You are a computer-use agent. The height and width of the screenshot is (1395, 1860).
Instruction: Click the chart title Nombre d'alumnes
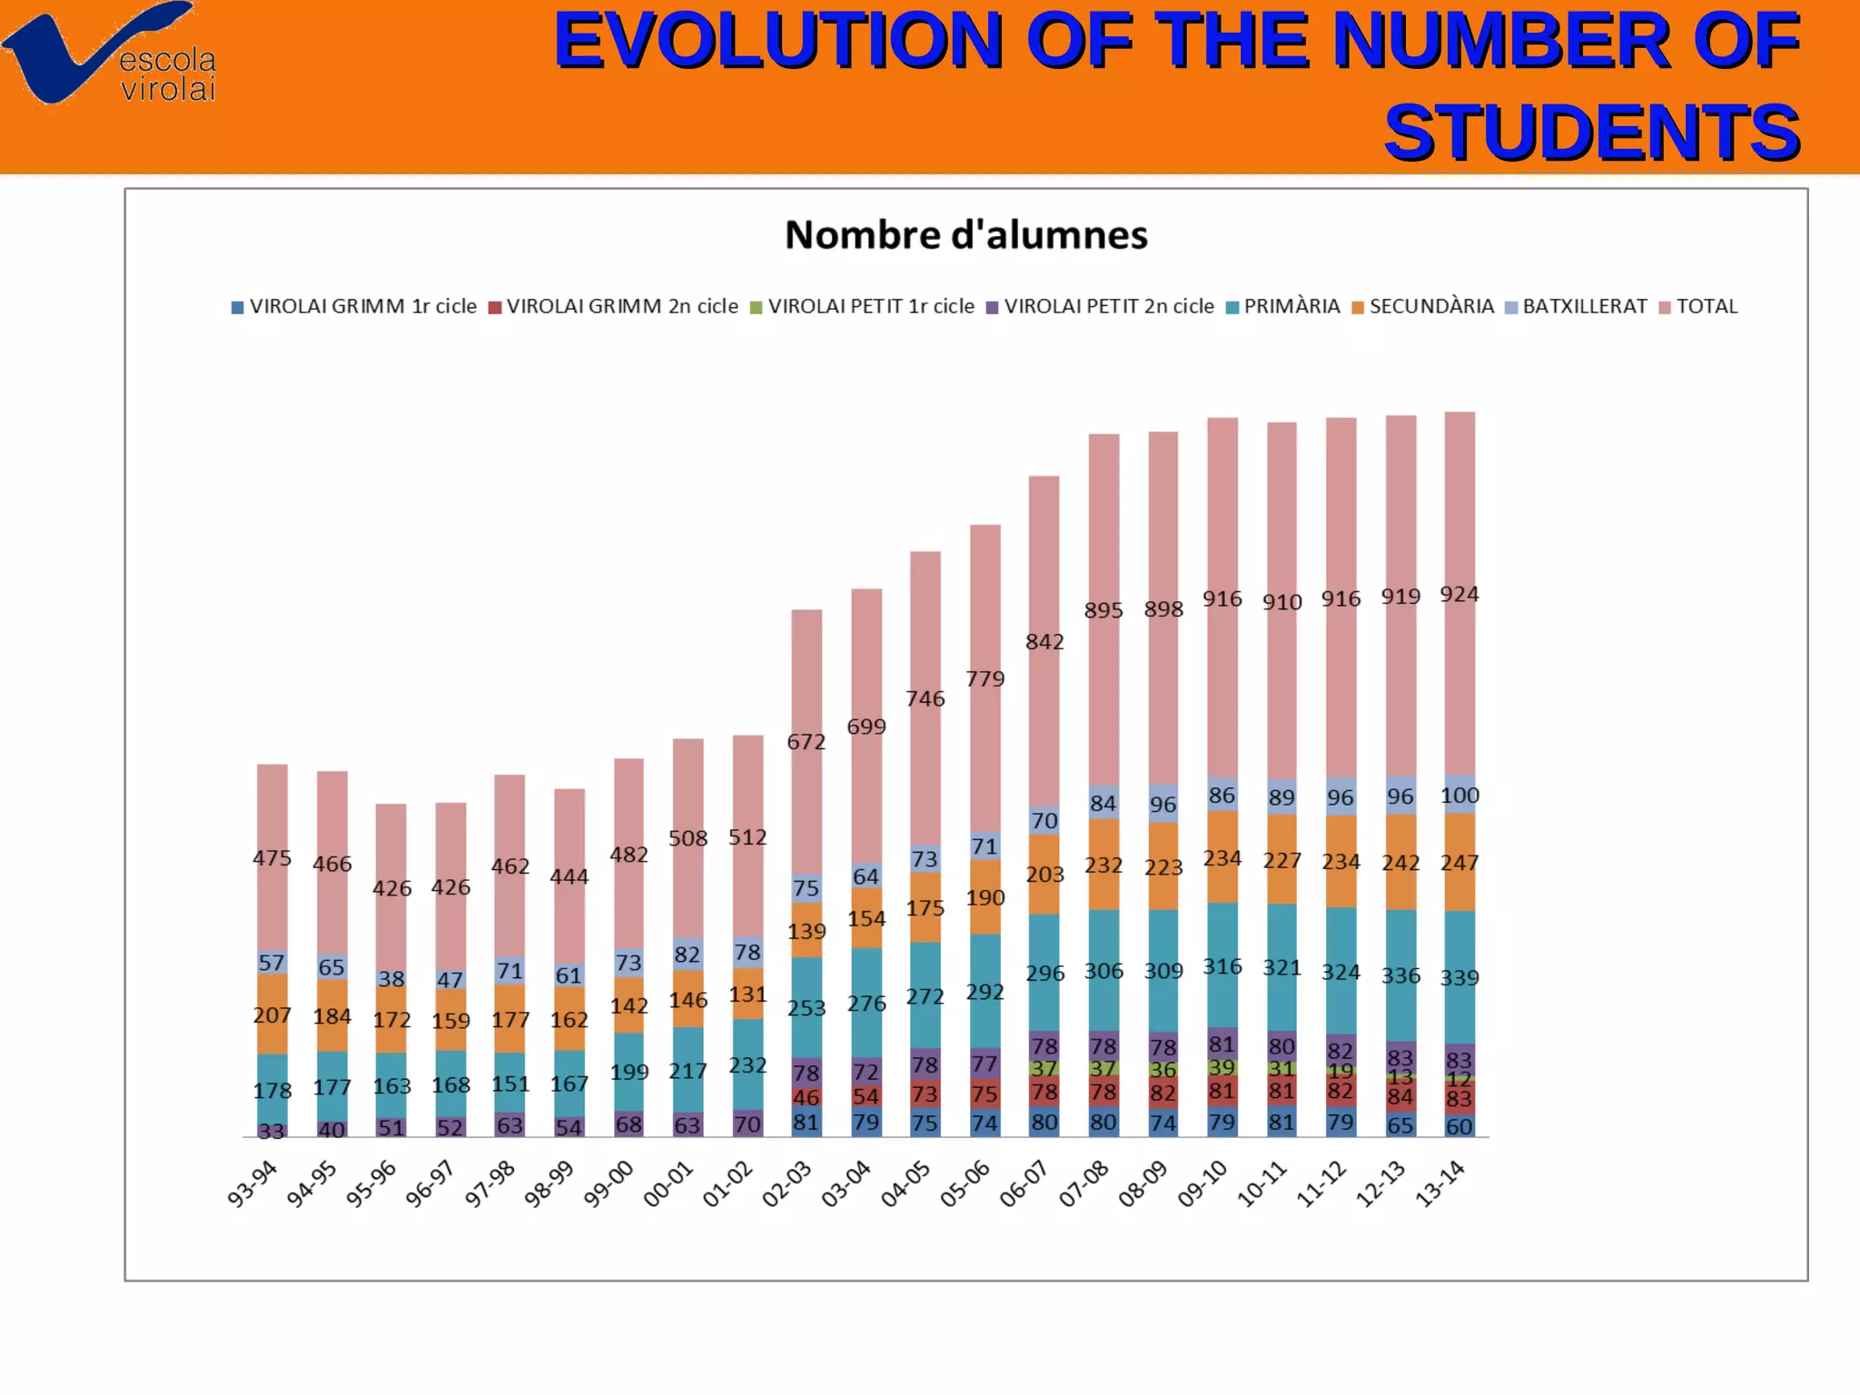[965, 235]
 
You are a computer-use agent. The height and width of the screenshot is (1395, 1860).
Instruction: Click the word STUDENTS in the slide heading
[1591, 133]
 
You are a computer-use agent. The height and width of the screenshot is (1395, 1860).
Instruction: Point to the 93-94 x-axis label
[252, 1183]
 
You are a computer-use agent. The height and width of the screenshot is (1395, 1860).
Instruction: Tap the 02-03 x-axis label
[787, 1183]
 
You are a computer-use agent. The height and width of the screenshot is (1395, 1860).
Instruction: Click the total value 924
[1459, 595]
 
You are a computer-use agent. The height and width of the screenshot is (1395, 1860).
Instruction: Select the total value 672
[806, 742]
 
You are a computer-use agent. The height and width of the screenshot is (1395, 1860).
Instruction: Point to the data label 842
[1044, 642]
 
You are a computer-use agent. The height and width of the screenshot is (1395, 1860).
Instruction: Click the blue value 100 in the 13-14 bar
[1459, 796]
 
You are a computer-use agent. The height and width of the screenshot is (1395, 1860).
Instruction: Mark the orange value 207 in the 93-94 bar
[272, 1015]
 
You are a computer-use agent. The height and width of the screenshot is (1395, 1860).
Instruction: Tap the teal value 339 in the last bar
[1459, 978]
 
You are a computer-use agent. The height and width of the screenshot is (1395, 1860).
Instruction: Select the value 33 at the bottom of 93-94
[272, 1131]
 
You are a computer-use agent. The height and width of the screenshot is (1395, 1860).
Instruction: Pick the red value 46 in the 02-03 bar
[806, 1097]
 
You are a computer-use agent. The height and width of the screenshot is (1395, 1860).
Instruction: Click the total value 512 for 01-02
[747, 837]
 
